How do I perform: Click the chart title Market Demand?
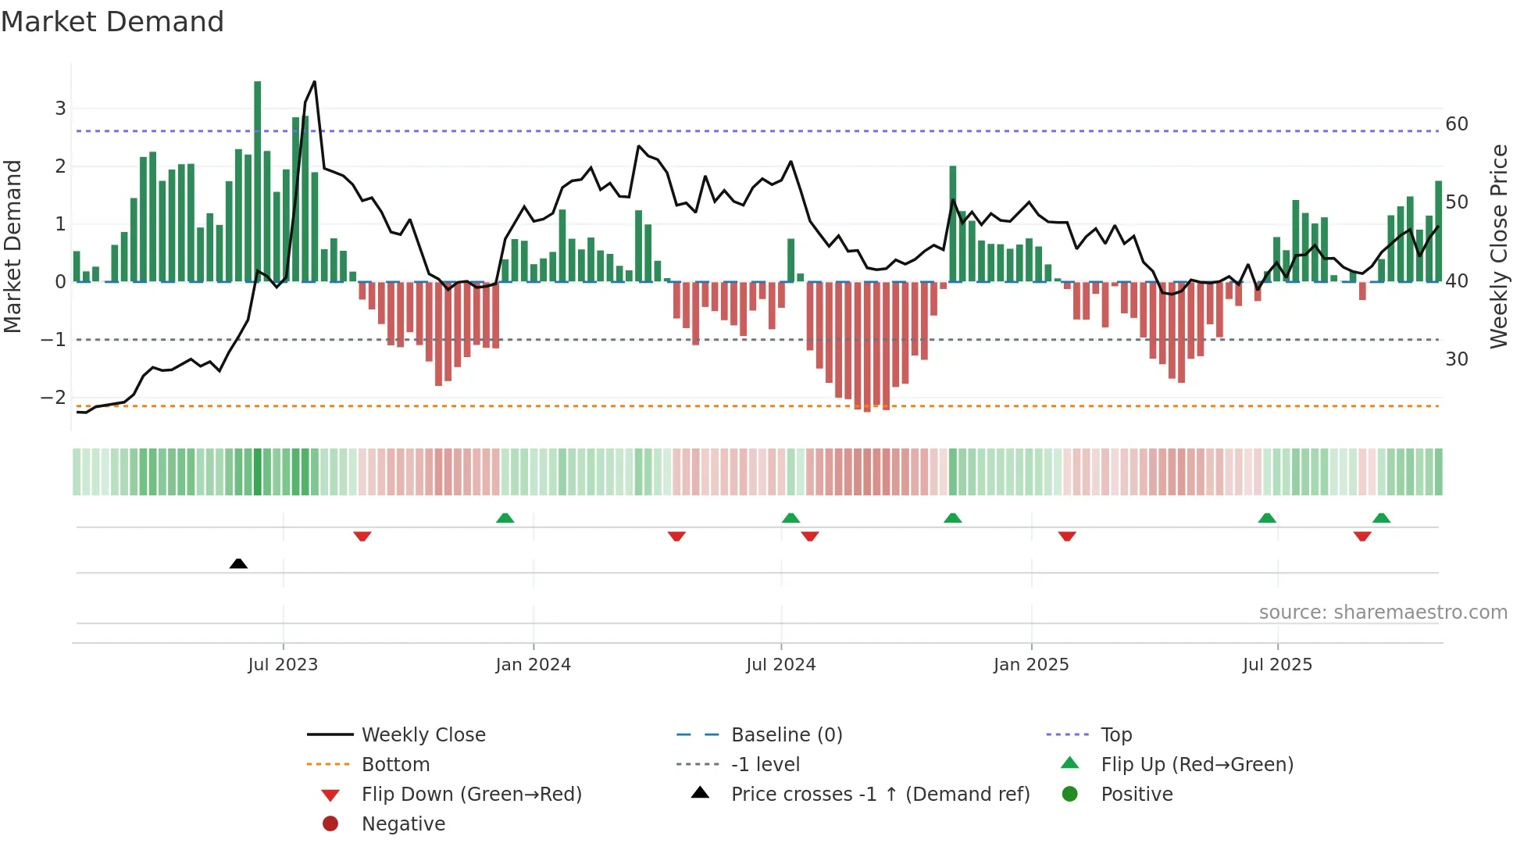[x=112, y=22]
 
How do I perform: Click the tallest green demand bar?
[x=258, y=180]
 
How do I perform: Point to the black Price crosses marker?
[x=238, y=563]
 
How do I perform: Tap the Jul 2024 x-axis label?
[x=780, y=665]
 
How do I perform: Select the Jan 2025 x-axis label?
[x=1030, y=665]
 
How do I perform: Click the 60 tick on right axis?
[x=1456, y=124]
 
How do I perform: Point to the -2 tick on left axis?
[x=54, y=398]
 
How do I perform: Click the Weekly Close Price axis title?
[x=1498, y=246]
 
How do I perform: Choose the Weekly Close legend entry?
[x=423, y=735]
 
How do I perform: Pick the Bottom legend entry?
[x=395, y=765]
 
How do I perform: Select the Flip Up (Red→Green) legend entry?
[x=1197, y=765]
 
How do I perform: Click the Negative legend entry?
[x=403, y=824]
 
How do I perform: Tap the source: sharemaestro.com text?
[x=1383, y=613]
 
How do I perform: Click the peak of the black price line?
[x=315, y=81]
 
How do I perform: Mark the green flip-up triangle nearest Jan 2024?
[x=505, y=518]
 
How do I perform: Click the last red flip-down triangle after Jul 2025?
[x=1362, y=537]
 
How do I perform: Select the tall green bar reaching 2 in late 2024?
[x=953, y=223]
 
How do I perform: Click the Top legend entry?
[x=1115, y=735]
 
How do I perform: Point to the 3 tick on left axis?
[x=60, y=109]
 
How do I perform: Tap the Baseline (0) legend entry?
[x=786, y=735]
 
